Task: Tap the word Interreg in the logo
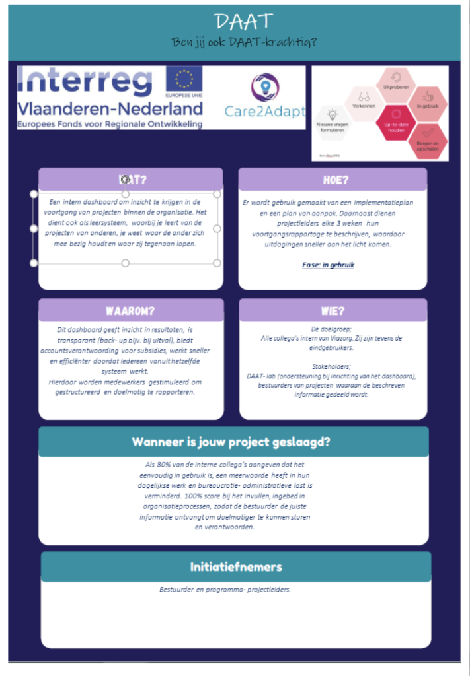85,81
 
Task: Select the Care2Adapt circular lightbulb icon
264,87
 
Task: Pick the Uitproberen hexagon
397,84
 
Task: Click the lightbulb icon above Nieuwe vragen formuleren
333,114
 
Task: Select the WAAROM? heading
130,310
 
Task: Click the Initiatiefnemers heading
236,566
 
